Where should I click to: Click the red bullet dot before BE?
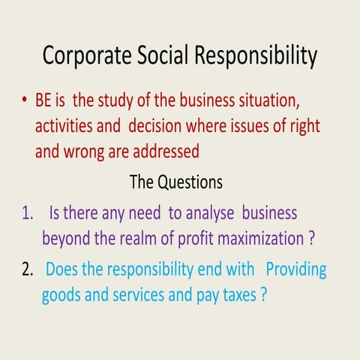[25, 100]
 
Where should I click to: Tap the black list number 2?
[28, 268]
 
